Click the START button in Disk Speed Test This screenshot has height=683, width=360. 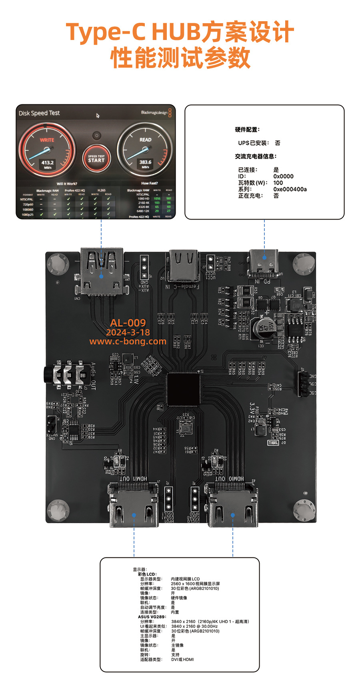click(96, 159)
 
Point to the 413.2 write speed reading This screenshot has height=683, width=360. click(47, 163)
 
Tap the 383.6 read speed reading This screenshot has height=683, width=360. click(145, 162)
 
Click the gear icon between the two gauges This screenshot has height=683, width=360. click(96, 136)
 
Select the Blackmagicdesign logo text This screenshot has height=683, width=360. click(154, 113)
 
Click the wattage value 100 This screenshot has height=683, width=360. click(278, 183)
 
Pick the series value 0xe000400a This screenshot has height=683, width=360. click(290, 189)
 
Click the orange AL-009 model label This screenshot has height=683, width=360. click(128, 323)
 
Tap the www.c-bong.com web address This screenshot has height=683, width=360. click(128, 341)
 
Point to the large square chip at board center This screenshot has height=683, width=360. click(184, 388)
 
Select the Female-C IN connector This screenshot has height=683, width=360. click(184, 266)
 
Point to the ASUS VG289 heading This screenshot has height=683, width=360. click(152, 617)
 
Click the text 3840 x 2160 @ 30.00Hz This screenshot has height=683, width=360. click(194, 626)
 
